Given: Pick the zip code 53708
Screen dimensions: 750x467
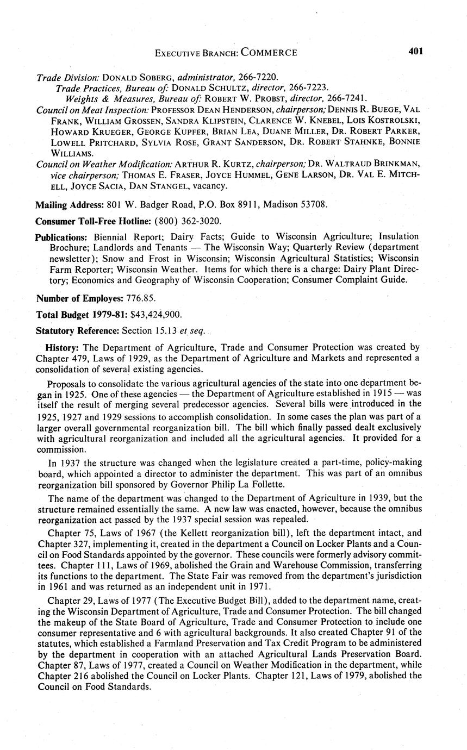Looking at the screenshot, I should pyautogui.click(x=314, y=205).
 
